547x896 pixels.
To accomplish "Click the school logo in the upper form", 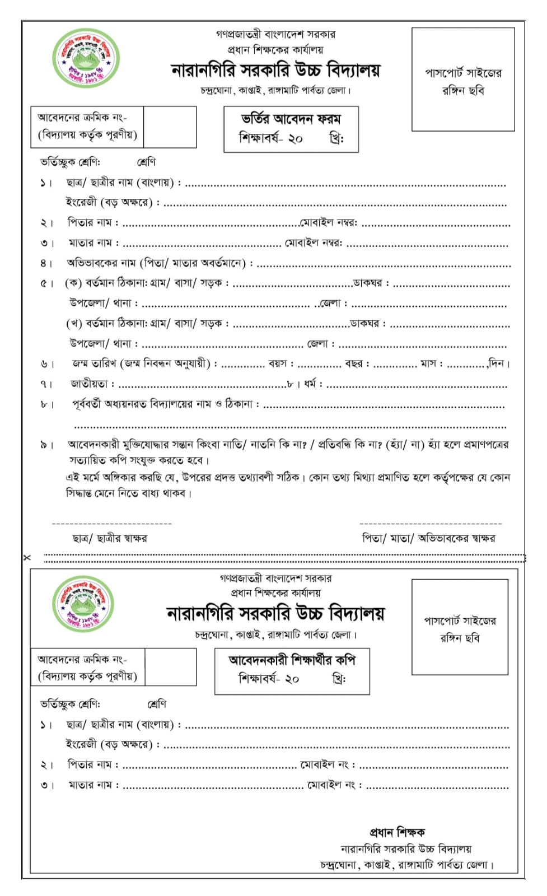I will pyautogui.click(x=86, y=59).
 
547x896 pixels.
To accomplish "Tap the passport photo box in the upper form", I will pyautogui.click(x=463, y=80).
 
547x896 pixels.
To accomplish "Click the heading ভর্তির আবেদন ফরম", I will pyautogui.click(x=291, y=119).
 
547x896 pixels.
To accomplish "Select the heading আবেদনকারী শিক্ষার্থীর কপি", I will pyautogui.click(x=292, y=660).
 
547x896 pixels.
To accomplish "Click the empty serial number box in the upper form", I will pyautogui.click(x=170, y=127).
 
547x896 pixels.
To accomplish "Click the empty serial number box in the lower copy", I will pyautogui.click(x=170, y=667).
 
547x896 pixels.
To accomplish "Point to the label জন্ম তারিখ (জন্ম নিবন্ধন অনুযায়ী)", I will pyautogui.click(x=141, y=363).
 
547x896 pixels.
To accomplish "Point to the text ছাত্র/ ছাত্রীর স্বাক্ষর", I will pyautogui.click(x=110, y=539).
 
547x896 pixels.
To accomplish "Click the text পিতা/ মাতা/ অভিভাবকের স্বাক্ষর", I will pyautogui.click(x=428, y=539).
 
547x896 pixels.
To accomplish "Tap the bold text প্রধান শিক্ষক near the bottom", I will pyautogui.click(x=397, y=832).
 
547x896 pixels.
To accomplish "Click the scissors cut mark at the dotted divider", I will pyautogui.click(x=27, y=558).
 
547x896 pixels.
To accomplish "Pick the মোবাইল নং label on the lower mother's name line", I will pyautogui.click(x=331, y=785).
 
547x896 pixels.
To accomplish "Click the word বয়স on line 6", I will pyautogui.click(x=278, y=363).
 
